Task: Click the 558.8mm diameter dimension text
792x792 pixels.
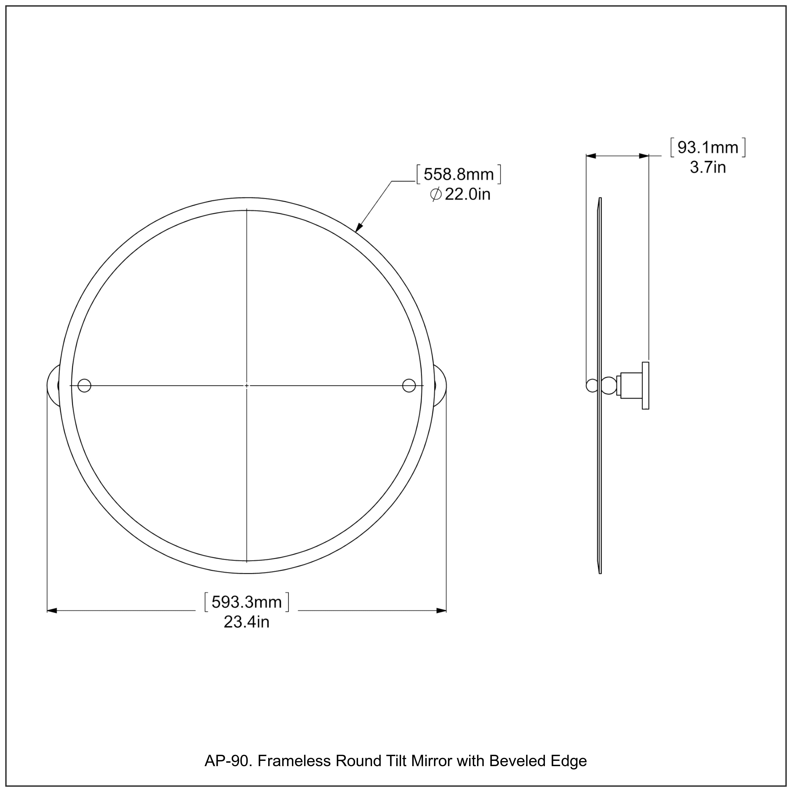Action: coord(458,175)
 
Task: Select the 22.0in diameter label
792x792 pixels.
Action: coord(467,194)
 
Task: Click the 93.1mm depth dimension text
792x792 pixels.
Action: coord(708,148)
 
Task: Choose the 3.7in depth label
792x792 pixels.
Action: coord(708,167)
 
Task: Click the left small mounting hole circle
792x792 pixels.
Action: coord(84,385)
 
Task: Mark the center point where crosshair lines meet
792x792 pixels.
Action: coord(246,385)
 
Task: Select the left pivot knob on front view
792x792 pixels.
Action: coord(53,385)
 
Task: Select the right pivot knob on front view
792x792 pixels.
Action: coord(441,385)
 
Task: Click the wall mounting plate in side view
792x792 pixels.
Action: coord(645,386)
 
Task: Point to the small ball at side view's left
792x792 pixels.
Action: coord(592,386)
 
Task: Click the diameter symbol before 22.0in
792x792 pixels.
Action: coord(436,194)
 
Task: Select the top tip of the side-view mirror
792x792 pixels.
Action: coord(600,199)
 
